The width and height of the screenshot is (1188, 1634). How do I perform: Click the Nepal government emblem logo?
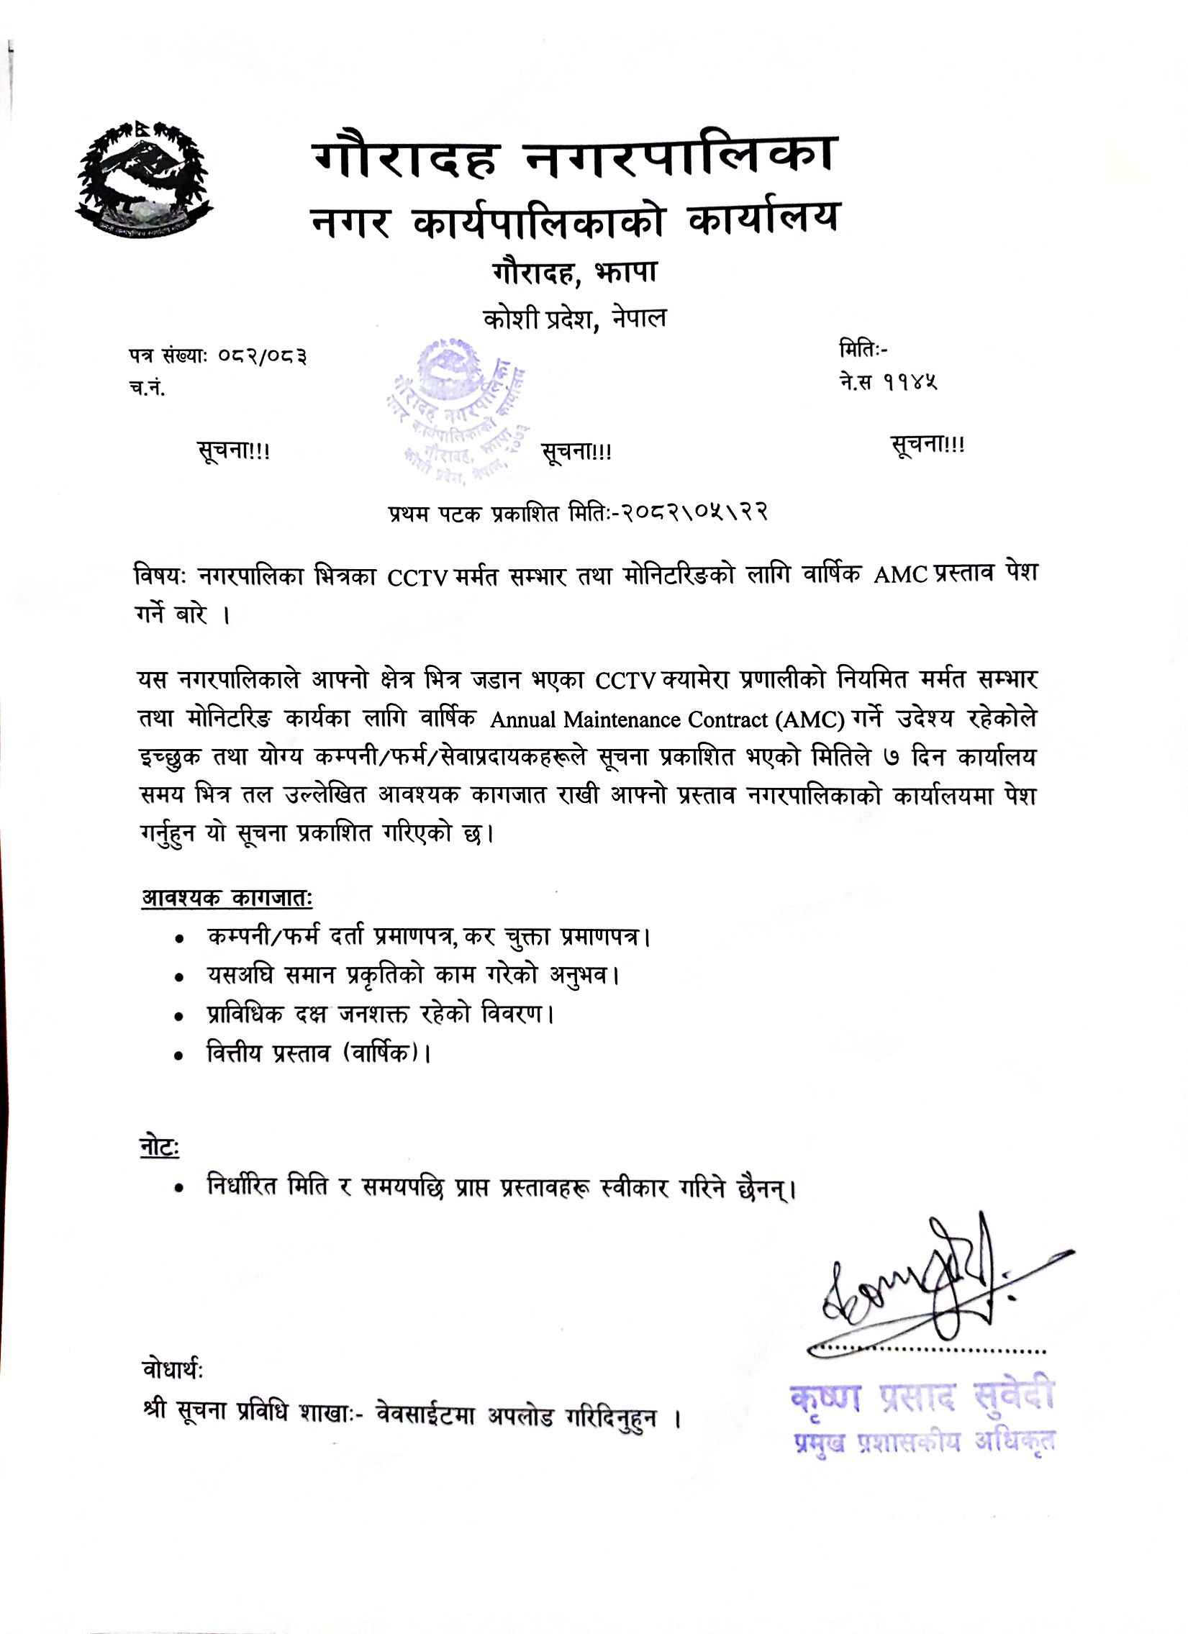pos(145,177)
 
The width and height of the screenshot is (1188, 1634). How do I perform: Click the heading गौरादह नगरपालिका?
pos(573,157)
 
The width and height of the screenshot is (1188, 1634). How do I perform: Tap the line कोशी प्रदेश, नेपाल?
pos(574,319)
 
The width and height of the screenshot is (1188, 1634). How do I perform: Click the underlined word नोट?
pos(158,1148)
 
